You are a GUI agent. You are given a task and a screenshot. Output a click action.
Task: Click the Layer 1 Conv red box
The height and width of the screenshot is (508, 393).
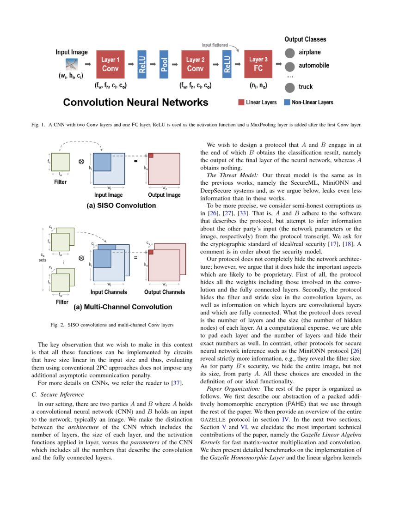pos(111,64)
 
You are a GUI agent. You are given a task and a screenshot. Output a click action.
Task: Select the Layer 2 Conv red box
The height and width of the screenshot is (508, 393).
pos(195,64)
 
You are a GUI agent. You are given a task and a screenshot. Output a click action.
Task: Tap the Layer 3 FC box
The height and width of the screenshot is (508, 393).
pos(258,64)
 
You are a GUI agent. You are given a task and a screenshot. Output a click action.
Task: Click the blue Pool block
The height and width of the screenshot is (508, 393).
pos(164,64)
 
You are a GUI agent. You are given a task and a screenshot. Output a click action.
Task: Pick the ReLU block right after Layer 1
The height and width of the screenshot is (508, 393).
pos(141,64)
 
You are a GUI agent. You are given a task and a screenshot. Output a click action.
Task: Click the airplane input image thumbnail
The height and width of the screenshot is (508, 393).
pos(71,64)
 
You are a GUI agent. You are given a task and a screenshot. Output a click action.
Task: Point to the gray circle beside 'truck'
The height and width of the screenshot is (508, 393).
pos(289,87)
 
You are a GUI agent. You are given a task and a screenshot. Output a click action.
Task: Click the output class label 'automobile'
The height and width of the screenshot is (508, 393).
pos(313,66)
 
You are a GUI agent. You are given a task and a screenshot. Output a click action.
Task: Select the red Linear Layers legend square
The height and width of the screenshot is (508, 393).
pos(241,102)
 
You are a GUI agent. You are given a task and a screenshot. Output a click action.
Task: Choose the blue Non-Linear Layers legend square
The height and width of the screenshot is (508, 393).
pos(287,102)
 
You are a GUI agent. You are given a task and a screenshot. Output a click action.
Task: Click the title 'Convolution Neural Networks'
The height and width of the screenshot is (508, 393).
pos(135,103)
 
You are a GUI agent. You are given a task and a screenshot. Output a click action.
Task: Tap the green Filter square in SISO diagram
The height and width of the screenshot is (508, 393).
pos(60,162)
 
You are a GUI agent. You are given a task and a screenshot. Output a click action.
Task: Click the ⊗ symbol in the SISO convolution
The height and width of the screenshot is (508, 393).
pos(81,161)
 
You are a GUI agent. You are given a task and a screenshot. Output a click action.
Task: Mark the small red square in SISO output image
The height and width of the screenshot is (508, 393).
pos(151,155)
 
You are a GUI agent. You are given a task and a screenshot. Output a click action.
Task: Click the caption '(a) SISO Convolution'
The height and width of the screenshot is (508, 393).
pos(121,205)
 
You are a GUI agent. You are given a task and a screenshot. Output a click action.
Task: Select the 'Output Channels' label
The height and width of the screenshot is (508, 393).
pos(164,292)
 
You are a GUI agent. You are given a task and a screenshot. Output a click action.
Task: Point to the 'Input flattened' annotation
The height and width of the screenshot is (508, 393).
pos(215,45)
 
